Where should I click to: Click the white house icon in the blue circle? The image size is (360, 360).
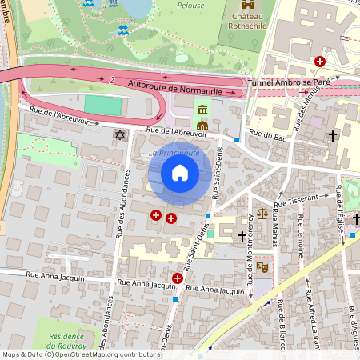180,173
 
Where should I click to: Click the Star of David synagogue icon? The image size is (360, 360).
121,134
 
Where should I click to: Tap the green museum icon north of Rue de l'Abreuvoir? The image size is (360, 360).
202,110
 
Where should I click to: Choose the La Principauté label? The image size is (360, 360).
174,151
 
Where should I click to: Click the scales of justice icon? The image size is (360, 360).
262,214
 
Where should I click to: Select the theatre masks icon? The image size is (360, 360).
260,268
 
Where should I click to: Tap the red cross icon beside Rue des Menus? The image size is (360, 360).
320,62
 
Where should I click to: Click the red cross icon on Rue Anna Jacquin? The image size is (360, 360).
177,278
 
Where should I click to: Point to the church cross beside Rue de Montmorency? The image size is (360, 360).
242,237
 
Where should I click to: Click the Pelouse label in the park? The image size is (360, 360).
189,4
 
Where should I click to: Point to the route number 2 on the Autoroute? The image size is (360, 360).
113,80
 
